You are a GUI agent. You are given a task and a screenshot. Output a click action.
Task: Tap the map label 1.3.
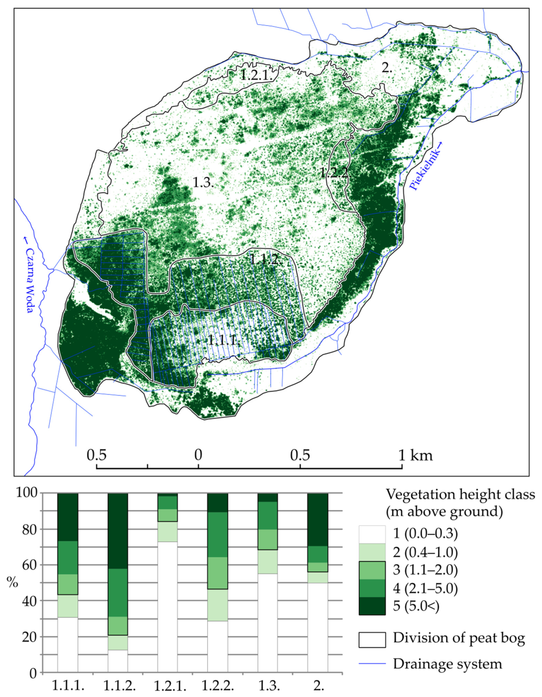point(203,183)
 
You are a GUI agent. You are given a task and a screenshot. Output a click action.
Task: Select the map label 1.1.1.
point(224,341)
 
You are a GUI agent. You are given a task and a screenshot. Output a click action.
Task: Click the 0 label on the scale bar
point(198,455)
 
